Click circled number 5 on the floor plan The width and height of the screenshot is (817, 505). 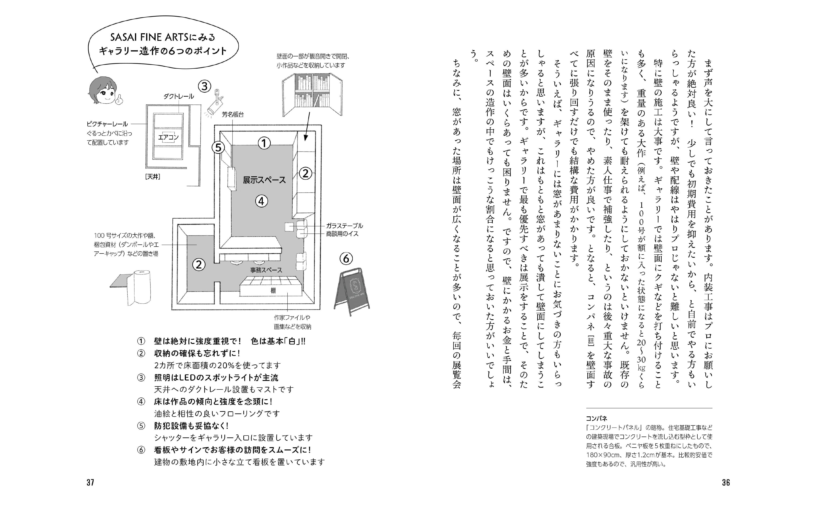point(218,147)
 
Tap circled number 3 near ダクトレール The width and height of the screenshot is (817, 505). point(204,86)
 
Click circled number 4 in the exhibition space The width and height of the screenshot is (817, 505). point(262,201)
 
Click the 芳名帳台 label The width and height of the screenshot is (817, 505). point(233,114)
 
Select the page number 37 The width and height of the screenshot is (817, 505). point(90,482)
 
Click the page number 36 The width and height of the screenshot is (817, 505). point(726,482)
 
